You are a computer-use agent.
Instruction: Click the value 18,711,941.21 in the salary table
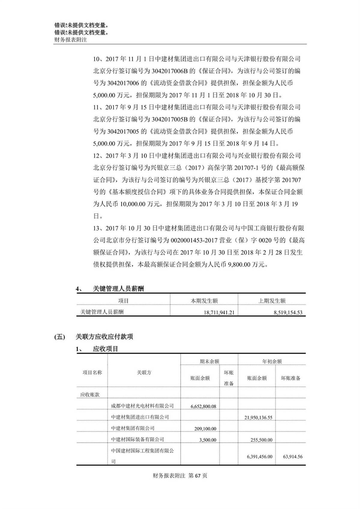[219, 312]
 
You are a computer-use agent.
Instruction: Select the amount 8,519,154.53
[288, 312]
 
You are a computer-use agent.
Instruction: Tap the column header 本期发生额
[204, 301]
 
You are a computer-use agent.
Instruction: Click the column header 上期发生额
[272, 301]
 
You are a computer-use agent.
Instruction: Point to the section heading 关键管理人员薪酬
[118, 289]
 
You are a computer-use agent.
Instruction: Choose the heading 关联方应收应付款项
[104, 337]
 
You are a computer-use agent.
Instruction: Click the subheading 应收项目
[105, 349]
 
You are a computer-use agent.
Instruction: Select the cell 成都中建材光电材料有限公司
[142, 406]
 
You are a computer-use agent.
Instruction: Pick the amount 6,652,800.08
[203, 406]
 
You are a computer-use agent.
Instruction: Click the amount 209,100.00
[205, 429]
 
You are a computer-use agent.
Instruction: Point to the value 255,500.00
[261, 440]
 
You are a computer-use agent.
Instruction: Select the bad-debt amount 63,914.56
[292, 457]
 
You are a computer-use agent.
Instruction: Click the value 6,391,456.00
[259, 457]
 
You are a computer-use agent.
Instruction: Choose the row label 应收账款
[90, 395]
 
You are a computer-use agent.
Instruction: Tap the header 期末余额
[209, 361]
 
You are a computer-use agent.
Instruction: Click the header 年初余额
[272, 361]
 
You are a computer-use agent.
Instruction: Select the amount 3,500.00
[208, 440]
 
